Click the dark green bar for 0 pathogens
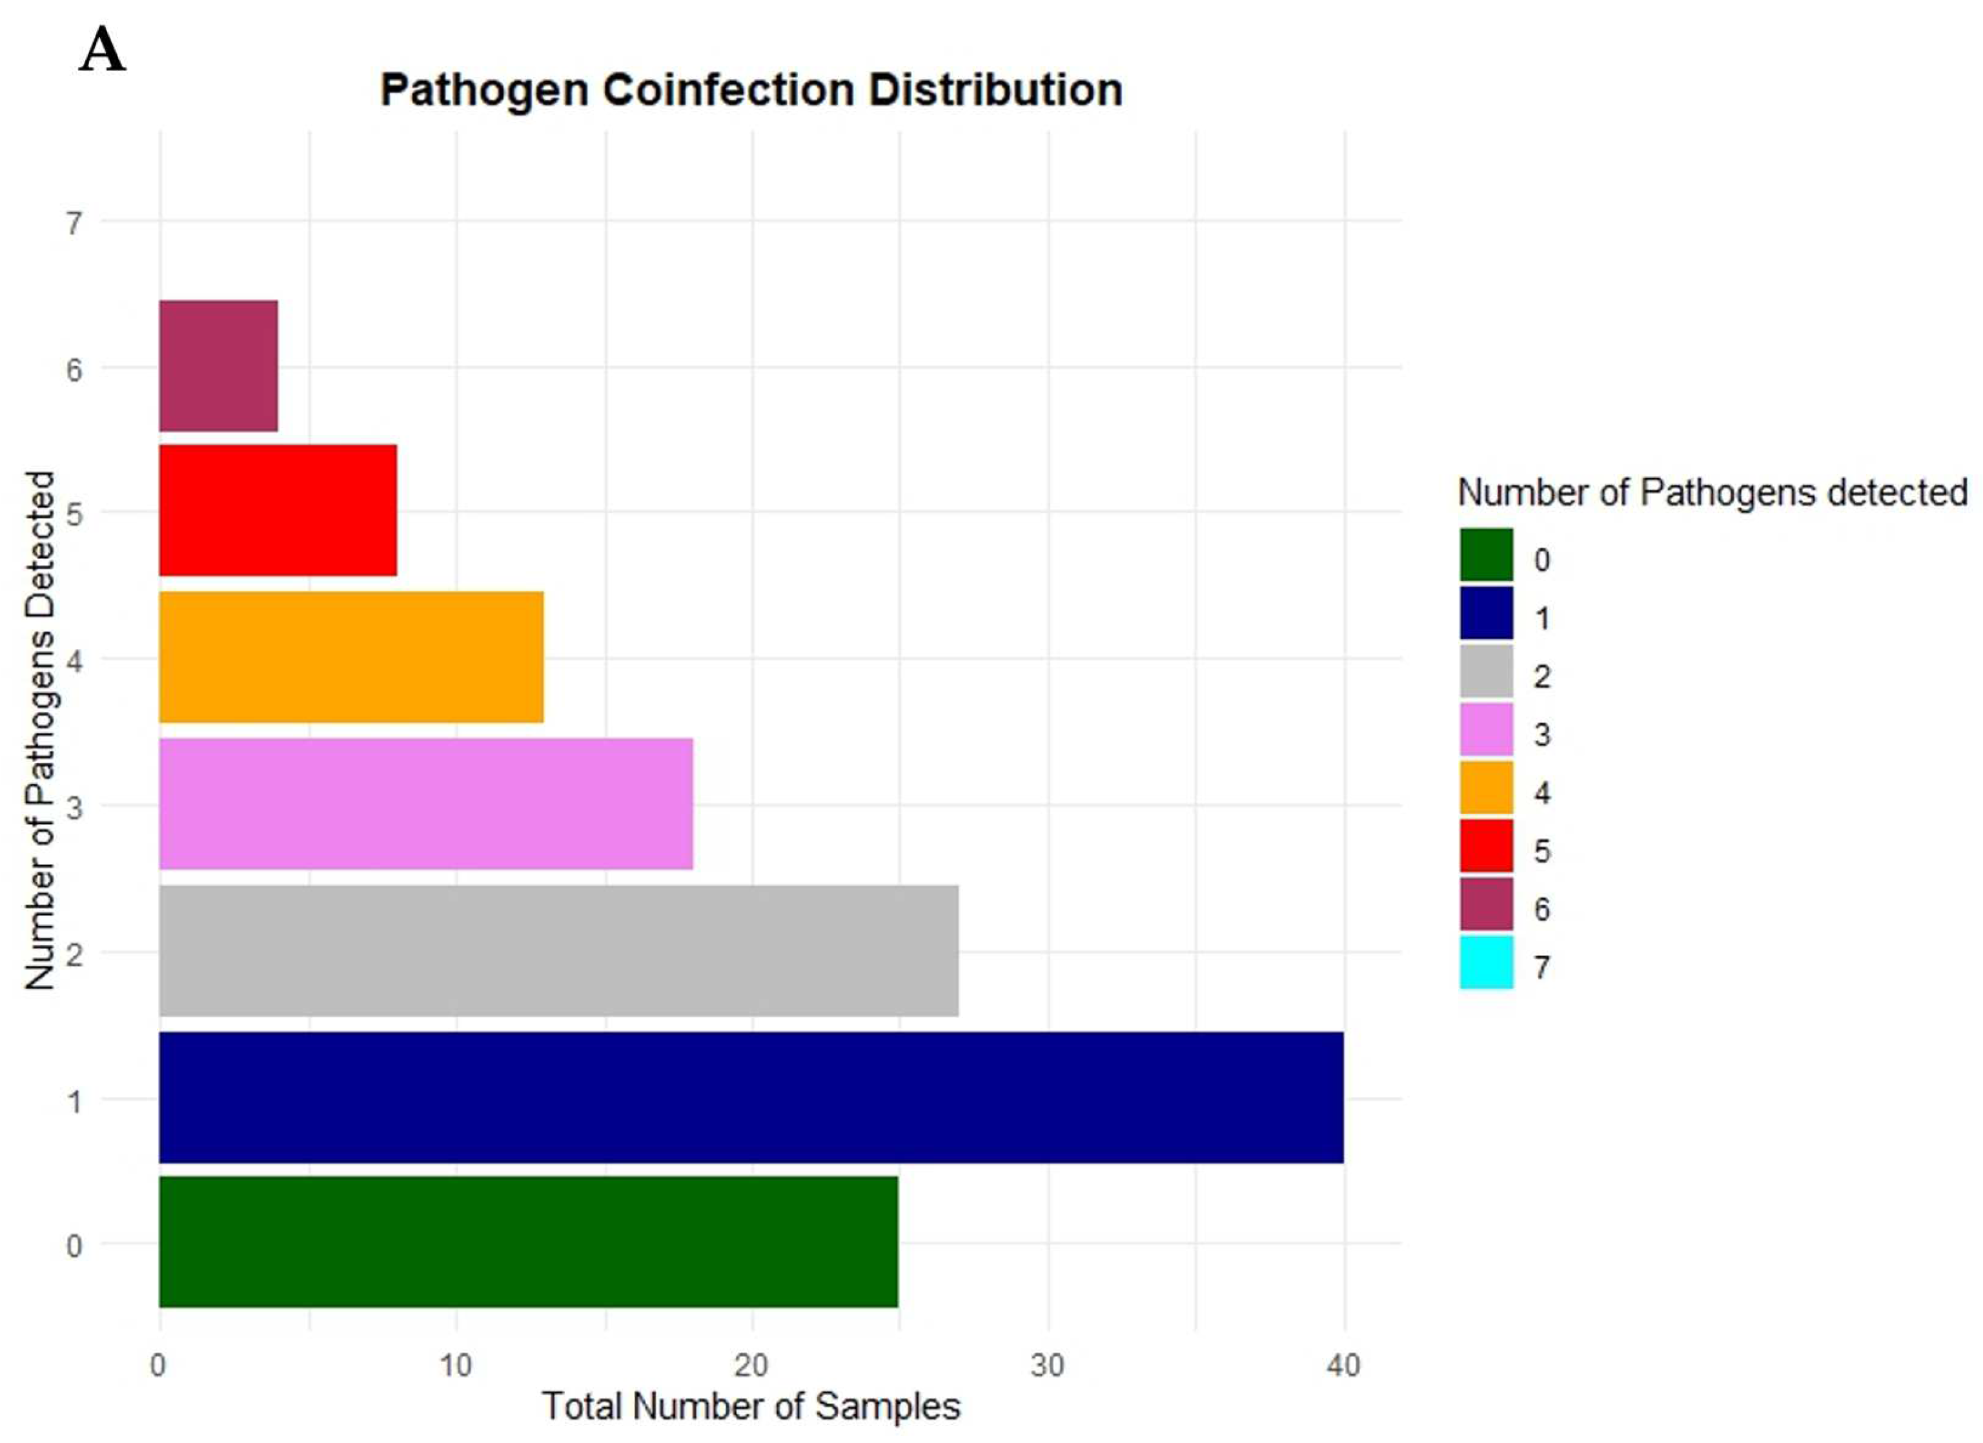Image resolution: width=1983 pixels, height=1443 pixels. click(528, 1242)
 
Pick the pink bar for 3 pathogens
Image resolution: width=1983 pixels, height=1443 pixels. click(426, 804)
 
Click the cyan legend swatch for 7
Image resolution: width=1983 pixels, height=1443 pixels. click(1485, 962)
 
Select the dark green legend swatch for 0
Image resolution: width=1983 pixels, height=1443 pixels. click(1485, 555)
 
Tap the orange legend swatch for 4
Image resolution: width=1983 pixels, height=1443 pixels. click(1485, 787)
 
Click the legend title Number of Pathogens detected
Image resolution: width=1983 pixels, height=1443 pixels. click(1712, 493)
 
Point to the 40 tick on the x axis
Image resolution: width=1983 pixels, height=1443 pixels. click(1343, 1365)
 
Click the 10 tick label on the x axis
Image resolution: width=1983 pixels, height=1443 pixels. click(454, 1365)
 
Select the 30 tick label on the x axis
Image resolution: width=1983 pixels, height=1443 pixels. click(1048, 1365)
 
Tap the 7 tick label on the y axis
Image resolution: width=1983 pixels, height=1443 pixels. click(74, 224)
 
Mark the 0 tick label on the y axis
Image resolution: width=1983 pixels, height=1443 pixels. click(74, 1245)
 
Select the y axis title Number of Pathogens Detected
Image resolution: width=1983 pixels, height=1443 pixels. click(39, 730)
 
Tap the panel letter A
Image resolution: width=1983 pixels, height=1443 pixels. click(102, 51)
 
